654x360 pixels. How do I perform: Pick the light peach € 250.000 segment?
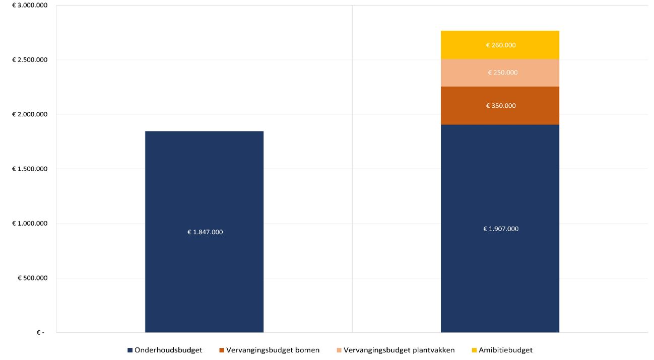coord(500,80)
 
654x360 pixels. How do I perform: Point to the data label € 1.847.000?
coord(205,232)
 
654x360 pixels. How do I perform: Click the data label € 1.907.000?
coord(500,229)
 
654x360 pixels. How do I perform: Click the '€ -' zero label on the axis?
coord(40,332)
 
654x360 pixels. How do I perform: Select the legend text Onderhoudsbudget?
coord(168,350)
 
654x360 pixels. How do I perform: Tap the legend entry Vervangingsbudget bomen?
coord(273,350)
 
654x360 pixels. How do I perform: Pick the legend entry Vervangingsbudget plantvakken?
coord(399,350)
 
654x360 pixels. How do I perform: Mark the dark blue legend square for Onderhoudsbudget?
coord(130,350)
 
